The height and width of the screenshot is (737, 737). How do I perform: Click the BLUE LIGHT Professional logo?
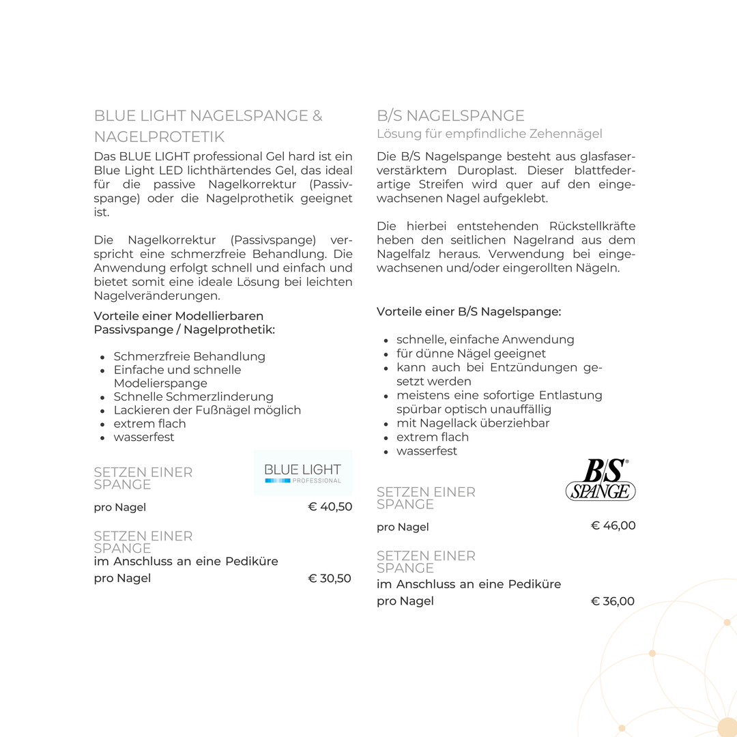302,472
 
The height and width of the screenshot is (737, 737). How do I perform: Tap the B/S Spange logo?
601,480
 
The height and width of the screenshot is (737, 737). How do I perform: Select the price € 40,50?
330,506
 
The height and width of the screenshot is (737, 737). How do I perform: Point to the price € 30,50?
330,578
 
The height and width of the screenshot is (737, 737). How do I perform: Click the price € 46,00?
613,525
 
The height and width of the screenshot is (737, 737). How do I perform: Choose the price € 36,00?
613,601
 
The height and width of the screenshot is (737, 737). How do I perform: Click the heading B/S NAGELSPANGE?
450,115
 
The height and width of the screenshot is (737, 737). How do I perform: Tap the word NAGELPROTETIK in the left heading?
159,136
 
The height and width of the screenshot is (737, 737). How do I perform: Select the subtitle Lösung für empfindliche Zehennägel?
489,134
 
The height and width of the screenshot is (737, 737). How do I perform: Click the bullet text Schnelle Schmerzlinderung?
193,396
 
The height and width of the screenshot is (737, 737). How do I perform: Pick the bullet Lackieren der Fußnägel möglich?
207,410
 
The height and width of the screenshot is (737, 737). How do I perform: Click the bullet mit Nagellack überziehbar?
473,423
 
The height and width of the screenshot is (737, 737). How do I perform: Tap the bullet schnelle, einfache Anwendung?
485,339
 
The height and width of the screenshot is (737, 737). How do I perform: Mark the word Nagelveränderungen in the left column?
157,295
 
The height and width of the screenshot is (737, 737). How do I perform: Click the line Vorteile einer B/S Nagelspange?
469,311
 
